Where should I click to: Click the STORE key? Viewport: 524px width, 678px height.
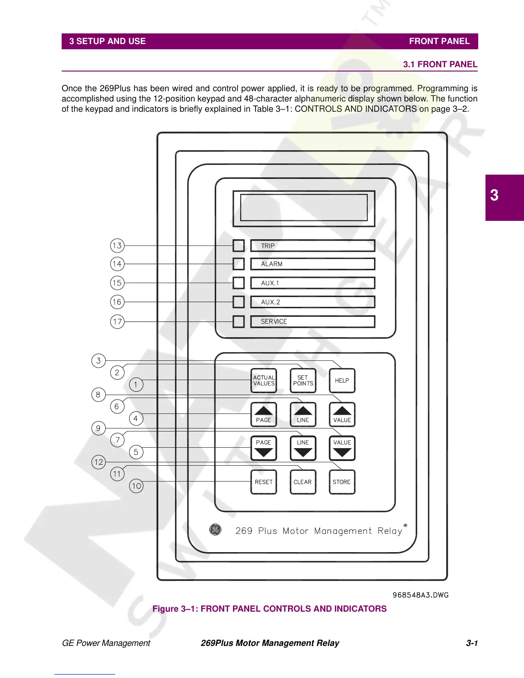pos(342,482)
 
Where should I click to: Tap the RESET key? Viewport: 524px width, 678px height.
pos(263,482)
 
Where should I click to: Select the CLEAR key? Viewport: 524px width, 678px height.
pos(303,482)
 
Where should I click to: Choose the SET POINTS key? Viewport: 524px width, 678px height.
pos(303,381)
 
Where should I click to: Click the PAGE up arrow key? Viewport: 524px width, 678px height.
pos(263,414)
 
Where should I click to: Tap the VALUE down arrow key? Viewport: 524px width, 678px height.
pos(342,448)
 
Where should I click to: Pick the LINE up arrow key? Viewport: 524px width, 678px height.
pos(303,414)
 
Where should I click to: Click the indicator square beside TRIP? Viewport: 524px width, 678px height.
pos(238,246)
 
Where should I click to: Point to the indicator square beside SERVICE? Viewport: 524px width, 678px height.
pos(238,321)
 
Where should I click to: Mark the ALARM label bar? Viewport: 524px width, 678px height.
pos(313,264)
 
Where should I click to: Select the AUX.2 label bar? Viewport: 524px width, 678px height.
pos(313,302)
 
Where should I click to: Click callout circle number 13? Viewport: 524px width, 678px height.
pos(117,246)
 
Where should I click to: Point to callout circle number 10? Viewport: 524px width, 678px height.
pos(136,486)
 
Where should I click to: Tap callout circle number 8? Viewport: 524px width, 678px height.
pos(98,394)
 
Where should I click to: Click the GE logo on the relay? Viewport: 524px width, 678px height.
pos(215,530)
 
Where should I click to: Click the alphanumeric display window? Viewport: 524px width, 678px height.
pos(304,208)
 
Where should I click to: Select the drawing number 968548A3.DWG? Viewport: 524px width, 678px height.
pos(420,595)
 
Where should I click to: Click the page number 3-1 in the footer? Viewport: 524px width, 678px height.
pos(472,643)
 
